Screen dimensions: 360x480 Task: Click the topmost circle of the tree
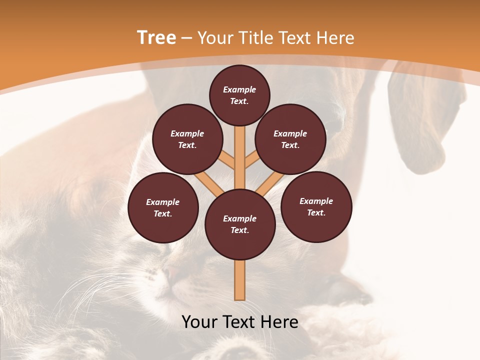coord(239,95)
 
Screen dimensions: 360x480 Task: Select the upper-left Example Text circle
coord(187,139)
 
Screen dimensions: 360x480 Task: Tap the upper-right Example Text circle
coord(290,139)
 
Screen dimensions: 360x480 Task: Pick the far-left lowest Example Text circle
coord(163,207)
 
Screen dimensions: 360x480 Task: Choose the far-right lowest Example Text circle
coord(316,206)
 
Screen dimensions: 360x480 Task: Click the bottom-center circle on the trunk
coord(240,224)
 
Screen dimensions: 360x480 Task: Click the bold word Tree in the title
coord(156,38)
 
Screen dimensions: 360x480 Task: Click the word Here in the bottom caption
coord(279,322)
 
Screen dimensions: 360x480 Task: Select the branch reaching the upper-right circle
coord(252,159)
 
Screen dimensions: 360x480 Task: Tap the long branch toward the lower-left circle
coord(209,183)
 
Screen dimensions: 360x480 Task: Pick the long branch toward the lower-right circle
coord(270,183)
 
